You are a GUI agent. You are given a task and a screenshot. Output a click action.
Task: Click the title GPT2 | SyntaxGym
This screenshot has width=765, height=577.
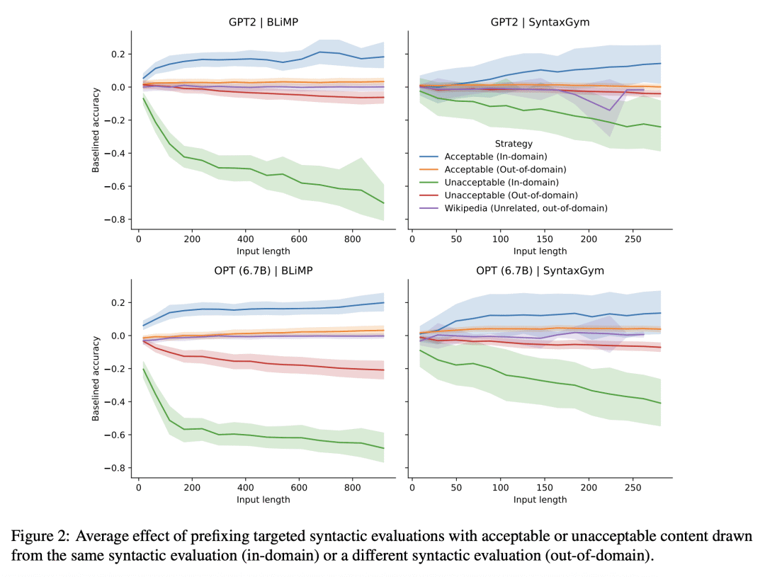click(x=540, y=22)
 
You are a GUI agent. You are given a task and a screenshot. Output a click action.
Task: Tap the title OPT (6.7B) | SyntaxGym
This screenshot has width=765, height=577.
click(x=540, y=270)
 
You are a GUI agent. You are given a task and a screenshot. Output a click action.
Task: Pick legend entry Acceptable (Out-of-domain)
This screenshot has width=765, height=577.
click(x=504, y=169)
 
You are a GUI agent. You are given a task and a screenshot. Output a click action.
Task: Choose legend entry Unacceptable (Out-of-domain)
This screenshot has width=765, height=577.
click(x=510, y=195)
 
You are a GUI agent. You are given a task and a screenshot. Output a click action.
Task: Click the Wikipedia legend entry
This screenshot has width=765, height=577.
click(x=526, y=208)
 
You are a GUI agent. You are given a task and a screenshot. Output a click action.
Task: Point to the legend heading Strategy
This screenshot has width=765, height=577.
click(x=514, y=144)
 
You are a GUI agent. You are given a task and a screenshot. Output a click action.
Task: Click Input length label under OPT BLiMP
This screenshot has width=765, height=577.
click(x=263, y=500)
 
